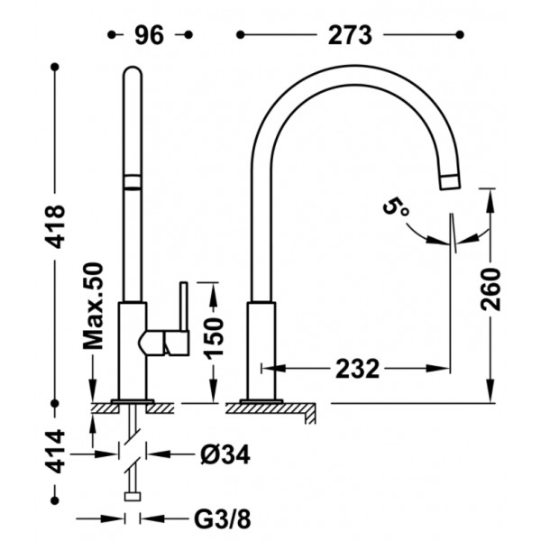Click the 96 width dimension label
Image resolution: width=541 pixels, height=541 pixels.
click(149, 35)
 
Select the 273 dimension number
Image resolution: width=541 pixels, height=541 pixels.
click(350, 35)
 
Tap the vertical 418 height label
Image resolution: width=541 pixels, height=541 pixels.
click(56, 226)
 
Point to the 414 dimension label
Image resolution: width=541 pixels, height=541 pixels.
click(56, 452)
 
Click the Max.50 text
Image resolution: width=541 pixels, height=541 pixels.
click(94, 306)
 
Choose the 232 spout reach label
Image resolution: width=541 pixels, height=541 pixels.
click(357, 369)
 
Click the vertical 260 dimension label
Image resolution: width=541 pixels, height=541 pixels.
click(491, 289)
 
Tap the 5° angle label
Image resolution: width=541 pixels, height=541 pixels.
click(396, 207)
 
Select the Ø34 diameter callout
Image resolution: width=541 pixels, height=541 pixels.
click(225, 454)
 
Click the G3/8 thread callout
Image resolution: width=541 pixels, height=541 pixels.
click(223, 518)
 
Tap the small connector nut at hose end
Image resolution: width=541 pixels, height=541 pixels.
click(133, 497)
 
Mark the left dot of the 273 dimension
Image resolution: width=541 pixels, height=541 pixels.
click(241, 35)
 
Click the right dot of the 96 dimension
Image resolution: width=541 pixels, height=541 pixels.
click(188, 35)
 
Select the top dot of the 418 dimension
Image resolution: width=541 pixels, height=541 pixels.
click(55, 67)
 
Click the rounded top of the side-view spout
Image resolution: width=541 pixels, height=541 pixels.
click(133, 70)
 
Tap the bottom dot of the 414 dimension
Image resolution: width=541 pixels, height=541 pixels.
click(55, 500)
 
